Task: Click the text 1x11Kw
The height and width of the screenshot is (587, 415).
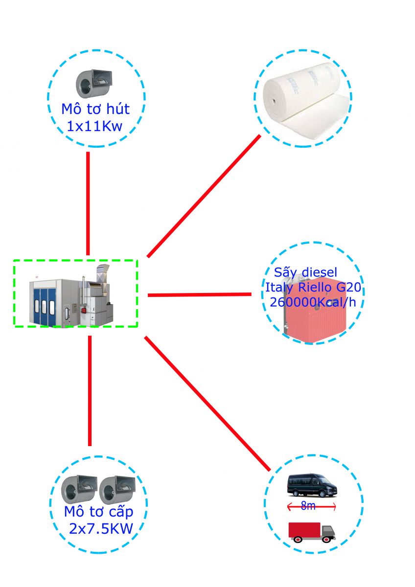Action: pos(94,127)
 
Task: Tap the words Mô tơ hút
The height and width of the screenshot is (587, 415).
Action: pos(95,108)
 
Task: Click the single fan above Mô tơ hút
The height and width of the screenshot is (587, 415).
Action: pos(93,84)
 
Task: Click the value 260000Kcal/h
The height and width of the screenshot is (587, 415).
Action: pos(313,302)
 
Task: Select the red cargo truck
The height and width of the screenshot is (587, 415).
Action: pos(311,532)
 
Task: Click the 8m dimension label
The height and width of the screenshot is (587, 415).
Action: pos(308,506)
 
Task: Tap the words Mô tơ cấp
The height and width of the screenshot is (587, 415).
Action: pos(98,512)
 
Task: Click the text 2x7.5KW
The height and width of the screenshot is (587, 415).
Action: pos(100,529)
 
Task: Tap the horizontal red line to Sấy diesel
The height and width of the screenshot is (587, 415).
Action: pos(199,294)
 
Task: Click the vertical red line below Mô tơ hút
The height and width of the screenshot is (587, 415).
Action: pos(88,203)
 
